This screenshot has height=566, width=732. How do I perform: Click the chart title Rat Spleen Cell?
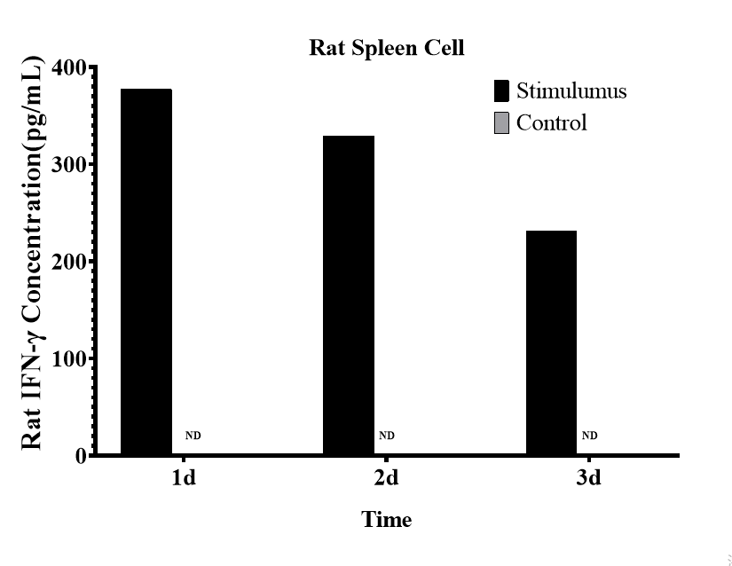click(x=386, y=48)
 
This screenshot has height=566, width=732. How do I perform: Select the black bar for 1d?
click(x=146, y=271)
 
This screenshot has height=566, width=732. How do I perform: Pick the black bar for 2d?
click(x=349, y=295)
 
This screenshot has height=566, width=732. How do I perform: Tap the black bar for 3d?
click(x=551, y=342)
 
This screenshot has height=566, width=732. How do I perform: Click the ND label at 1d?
click(x=193, y=436)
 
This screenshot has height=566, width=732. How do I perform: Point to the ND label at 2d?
click(x=386, y=436)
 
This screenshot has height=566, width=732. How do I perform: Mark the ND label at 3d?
click(x=589, y=436)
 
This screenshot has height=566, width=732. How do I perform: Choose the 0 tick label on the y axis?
click(x=81, y=456)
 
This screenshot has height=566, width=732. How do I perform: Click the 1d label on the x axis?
click(x=184, y=479)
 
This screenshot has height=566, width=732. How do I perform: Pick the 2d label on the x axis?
click(x=386, y=479)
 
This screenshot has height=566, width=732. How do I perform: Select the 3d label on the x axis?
click(x=588, y=479)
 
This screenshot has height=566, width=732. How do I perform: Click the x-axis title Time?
click(x=386, y=520)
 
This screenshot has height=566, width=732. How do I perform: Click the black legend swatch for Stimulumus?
click(x=501, y=91)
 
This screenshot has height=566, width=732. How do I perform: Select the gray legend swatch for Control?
click(x=501, y=122)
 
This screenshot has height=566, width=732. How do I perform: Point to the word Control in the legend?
click(x=551, y=122)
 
